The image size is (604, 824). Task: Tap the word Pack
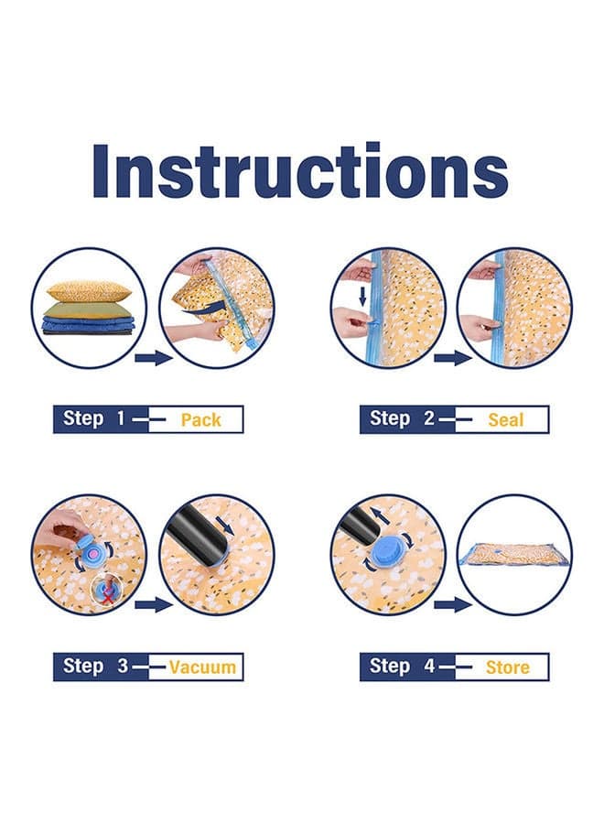coord(200,420)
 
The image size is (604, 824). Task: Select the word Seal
coord(506,420)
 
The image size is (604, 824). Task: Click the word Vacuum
coord(202,667)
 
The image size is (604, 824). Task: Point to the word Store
coord(507,667)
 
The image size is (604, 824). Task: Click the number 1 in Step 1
coord(121,418)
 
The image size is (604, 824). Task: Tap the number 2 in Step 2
coord(429,418)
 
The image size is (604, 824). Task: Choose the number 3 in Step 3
coord(123,667)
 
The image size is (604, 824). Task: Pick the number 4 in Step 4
coord(429,667)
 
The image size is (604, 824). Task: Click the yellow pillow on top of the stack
coord(88,291)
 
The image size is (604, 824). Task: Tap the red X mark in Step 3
coord(107,596)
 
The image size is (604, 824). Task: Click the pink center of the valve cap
coord(92,553)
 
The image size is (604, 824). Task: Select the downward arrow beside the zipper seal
coord(362,296)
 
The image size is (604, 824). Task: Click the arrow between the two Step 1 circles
coord(154,359)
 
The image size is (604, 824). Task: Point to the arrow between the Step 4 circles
coord(453,605)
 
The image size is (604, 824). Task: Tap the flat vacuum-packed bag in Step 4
coord(514,552)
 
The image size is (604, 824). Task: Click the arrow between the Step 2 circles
coord(453,359)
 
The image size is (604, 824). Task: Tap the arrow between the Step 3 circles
coord(154,605)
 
